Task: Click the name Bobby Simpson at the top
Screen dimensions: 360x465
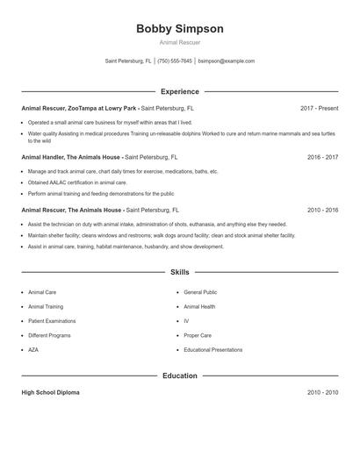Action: pos(180,29)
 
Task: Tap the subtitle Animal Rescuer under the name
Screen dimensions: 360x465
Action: pos(180,42)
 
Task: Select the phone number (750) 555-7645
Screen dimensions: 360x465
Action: pos(175,61)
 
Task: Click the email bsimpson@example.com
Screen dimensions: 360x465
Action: pos(227,61)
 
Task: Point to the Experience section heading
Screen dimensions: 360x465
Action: pos(180,91)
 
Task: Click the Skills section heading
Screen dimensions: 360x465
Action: pos(180,273)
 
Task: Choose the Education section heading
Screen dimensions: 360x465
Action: pos(180,376)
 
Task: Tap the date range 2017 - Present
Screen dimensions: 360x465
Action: pos(319,108)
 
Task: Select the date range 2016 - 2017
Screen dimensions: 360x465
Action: pos(322,157)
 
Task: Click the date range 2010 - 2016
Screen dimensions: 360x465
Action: pos(322,211)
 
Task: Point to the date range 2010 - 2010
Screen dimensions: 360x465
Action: pos(322,392)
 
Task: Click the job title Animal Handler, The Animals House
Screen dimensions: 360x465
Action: pos(72,157)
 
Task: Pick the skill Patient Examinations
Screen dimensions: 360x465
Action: pos(52,321)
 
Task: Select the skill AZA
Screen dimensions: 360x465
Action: pos(34,350)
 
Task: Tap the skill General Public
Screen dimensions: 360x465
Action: pos(200,292)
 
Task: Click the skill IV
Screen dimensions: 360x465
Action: pos(186,321)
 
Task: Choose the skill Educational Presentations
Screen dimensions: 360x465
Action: pos(213,350)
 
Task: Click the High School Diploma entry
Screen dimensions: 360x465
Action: pos(50,392)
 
